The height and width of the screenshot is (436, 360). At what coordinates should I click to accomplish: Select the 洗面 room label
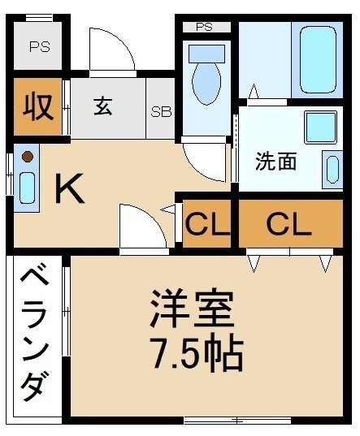click(x=275, y=162)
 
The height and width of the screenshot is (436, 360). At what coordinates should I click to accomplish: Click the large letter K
click(x=70, y=190)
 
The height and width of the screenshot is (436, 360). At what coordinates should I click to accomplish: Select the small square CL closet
click(x=206, y=224)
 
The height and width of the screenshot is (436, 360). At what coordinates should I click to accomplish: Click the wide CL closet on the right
click(x=289, y=224)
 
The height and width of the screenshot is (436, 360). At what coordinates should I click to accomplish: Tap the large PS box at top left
click(x=39, y=46)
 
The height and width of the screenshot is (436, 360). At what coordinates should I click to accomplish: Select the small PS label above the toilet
click(x=204, y=27)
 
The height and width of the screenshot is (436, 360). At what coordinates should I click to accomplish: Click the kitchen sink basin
click(x=27, y=188)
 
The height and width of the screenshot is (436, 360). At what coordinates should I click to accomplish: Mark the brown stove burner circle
click(x=27, y=156)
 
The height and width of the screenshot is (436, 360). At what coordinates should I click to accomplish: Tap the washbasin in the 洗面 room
click(x=332, y=168)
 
